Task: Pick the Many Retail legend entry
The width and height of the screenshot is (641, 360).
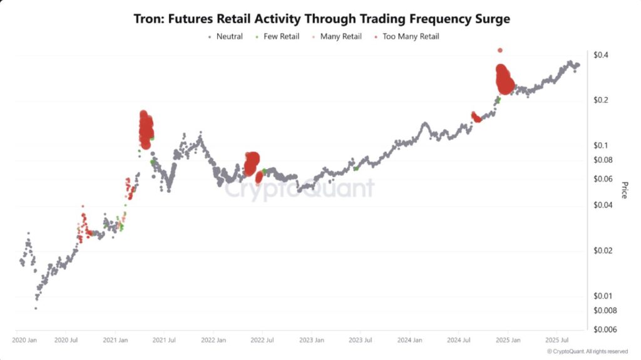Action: [x=341, y=36]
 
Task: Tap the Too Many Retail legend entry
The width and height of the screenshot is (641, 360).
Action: [x=411, y=36]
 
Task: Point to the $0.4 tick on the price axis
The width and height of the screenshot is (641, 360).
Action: [x=602, y=55]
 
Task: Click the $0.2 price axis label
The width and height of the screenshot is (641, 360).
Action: [x=602, y=100]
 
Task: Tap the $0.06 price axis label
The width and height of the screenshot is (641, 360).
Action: [x=603, y=179]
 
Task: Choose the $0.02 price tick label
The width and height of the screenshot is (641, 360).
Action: [x=603, y=250]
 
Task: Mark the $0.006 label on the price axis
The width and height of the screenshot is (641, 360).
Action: [x=605, y=329]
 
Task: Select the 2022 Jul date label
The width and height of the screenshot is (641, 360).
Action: [x=262, y=340]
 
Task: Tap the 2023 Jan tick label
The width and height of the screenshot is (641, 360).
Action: [x=311, y=340]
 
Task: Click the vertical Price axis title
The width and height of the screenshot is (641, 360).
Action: [x=624, y=190]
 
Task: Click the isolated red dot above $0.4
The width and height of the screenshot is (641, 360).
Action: [x=500, y=50]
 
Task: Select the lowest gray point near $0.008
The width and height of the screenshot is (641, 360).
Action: [x=36, y=308]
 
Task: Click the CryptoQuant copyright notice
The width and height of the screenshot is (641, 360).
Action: [x=587, y=352]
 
